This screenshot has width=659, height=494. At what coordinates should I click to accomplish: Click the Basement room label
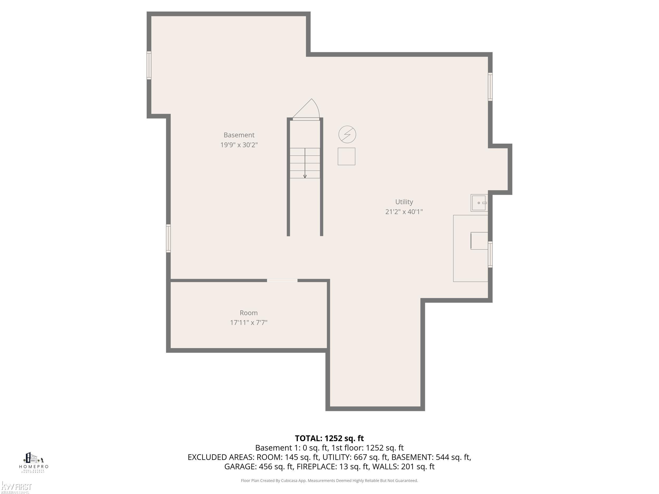coord(239,135)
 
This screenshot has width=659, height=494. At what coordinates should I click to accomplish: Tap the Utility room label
coord(404,202)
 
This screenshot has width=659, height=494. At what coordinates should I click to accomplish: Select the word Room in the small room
coord(249,313)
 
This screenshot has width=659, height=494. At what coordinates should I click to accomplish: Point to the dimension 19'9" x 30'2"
coord(239,145)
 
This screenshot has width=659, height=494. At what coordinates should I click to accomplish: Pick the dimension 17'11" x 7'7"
coord(249,322)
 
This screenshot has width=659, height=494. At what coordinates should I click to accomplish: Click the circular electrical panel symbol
coord(347,134)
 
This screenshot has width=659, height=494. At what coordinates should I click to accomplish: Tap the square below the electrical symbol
coord(346,156)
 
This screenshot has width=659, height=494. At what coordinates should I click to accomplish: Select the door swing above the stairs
coord(306,109)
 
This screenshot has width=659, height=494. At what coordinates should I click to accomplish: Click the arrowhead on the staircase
coord(305,177)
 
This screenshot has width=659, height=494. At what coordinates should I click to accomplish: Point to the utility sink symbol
coord(479,203)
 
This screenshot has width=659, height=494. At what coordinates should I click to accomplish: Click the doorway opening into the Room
coord(282,281)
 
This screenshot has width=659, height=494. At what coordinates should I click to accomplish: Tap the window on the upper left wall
coord(149,65)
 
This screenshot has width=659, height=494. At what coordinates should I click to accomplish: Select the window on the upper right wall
coord(490,87)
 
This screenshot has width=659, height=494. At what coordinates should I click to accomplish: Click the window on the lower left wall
coord(168,238)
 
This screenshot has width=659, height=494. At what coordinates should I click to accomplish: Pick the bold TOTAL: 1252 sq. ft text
coord(329,438)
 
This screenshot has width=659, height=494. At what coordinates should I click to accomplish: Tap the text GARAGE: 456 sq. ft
coord(259,467)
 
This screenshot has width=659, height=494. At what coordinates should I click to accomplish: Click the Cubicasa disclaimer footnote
coord(329,480)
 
